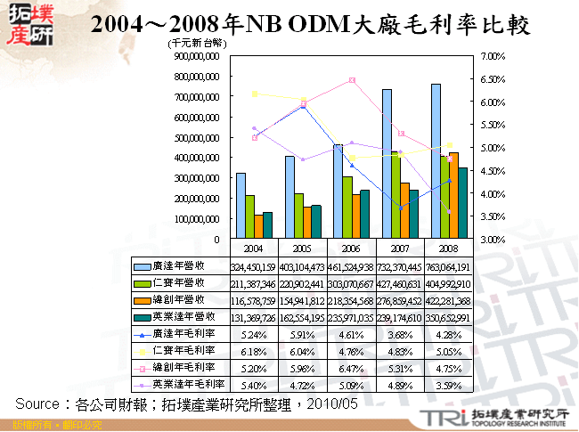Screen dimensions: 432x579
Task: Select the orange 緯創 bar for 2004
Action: coord(257,227)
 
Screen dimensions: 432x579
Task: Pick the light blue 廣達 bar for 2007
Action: coord(387,165)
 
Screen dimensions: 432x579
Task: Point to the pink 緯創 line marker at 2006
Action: coord(353,80)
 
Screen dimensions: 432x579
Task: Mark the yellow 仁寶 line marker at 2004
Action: coord(255,94)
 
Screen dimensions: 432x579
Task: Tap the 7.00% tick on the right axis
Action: coord(492,55)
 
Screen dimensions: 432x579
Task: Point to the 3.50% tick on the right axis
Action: coord(492,216)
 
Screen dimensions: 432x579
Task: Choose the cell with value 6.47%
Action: coord(353,367)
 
